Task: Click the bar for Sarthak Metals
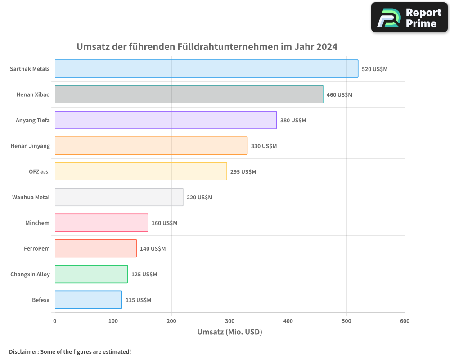coord(207,69)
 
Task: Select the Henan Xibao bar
coord(189,94)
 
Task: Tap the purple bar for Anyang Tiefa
coord(166,120)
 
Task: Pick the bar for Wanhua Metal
coord(119,197)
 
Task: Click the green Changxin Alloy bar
coord(91,274)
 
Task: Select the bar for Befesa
coord(88,300)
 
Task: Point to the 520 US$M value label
coord(374,69)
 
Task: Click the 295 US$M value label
coord(243,172)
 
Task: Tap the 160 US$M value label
coord(164,223)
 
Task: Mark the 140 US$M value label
coord(153,249)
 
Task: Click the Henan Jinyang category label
coord(30,146)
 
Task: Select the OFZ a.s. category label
coord(39,171)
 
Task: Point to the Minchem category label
coord(37,223)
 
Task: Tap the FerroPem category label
coord(37,248)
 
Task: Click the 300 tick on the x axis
coord(230,321)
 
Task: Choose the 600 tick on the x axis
coord(405,321)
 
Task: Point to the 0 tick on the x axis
coord(55,321)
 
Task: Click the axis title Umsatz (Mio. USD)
coord(229,332)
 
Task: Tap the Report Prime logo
coord(409,18)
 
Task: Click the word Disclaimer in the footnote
coord(23,351)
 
